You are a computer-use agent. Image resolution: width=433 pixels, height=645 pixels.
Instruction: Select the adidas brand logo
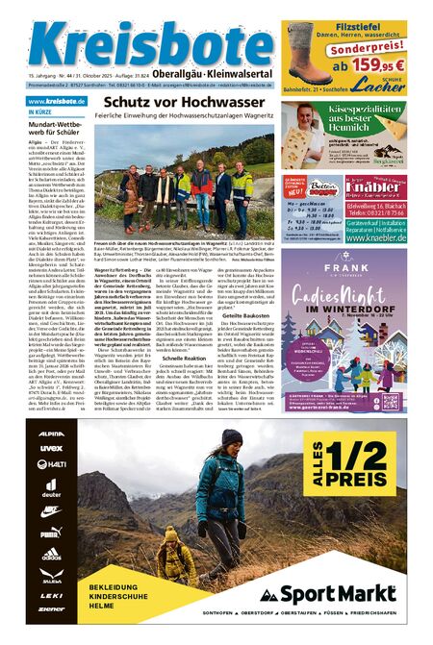52,554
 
